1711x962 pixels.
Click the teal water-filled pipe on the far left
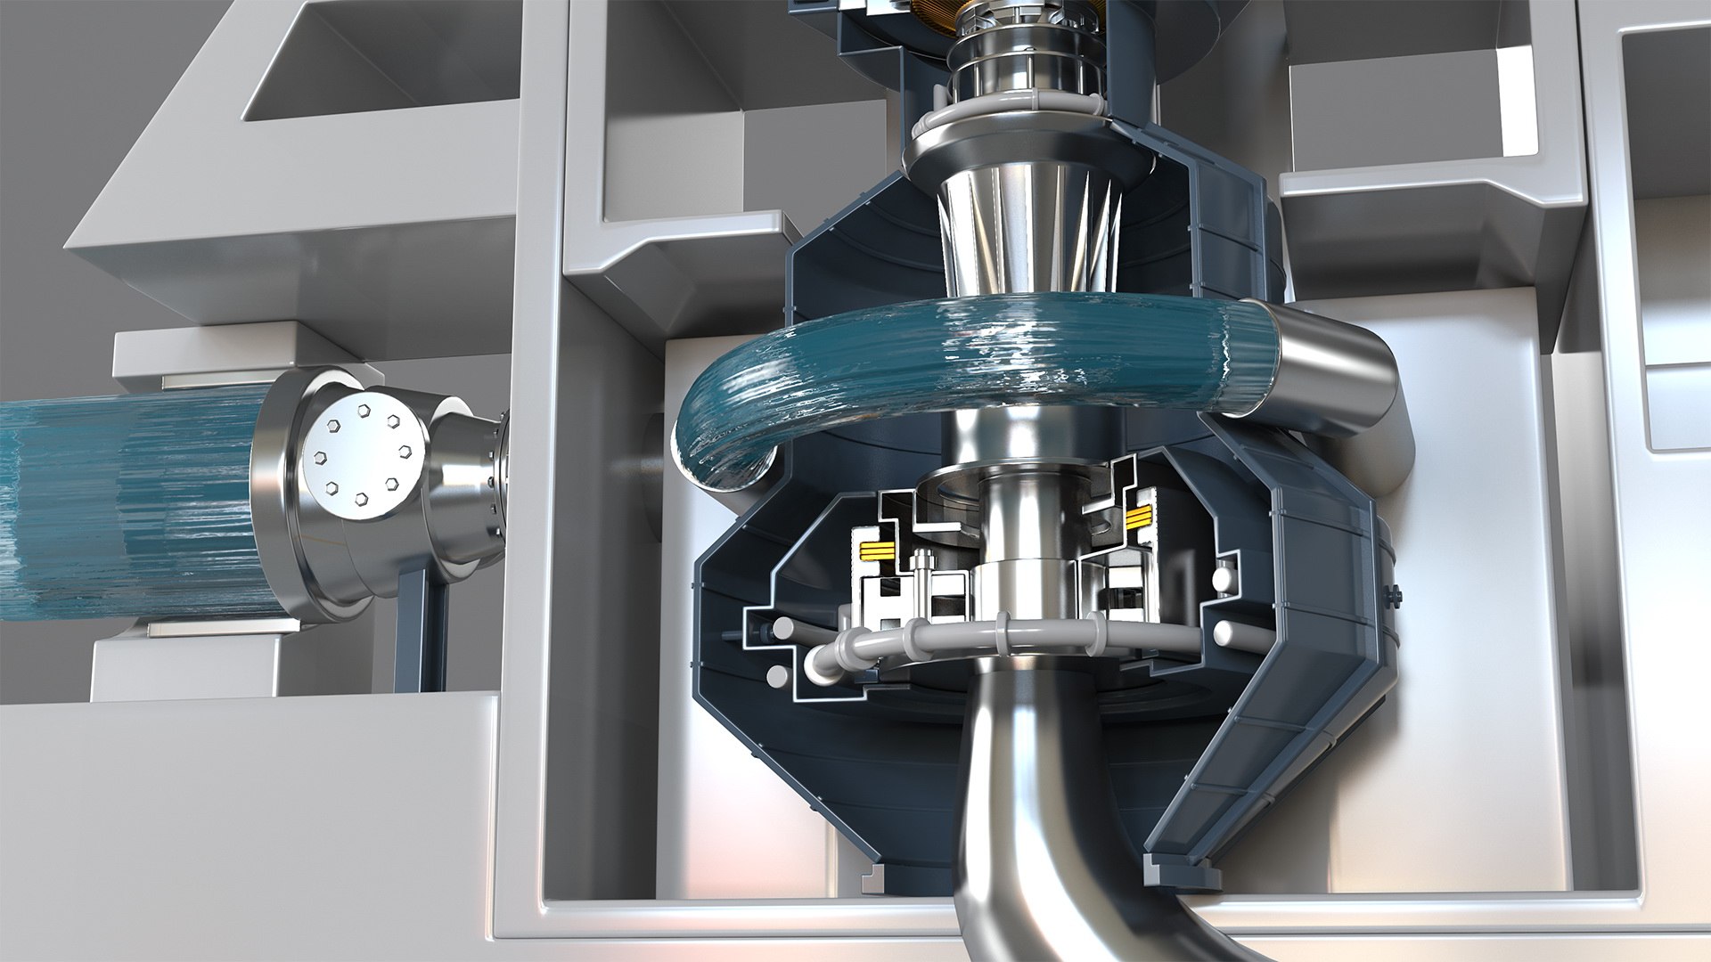point(125,508)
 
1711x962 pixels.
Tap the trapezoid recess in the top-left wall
point(374,71)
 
